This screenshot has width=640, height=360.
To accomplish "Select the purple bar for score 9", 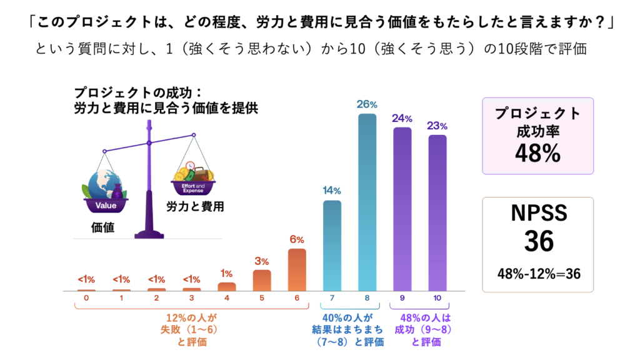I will [x=402, y=209].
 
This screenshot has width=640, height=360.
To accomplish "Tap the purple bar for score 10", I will [x=437, y=213].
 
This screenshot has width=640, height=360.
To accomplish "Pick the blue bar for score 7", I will [x=332, y=246].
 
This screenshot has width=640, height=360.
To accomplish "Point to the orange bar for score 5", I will [x=262, y=281].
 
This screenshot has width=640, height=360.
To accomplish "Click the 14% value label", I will [x=332, y=190].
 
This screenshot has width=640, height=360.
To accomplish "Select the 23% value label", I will [x=437, y=125].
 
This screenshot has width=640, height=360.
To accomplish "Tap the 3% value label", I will [x=262, y=261].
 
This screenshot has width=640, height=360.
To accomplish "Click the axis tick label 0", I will [x=87, y=298].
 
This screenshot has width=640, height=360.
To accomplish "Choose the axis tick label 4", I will [x=227, y=298].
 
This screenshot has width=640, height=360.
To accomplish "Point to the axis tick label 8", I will [x=367, y=298].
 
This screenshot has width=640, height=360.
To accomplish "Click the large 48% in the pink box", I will [x=537, y=153].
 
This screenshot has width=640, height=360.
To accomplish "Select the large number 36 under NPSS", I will [x=538, y=241].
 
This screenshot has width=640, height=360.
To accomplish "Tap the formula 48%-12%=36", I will [x=538, y=273].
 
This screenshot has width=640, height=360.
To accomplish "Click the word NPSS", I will [x=538, y=212].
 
